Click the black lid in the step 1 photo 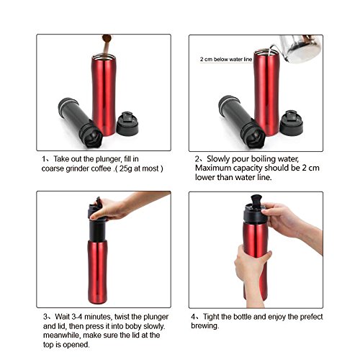127,124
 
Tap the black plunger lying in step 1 81,122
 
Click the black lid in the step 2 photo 292,123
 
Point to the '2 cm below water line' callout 226,59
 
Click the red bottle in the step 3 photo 97,271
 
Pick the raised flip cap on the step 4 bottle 256,199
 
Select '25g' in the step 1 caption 125,168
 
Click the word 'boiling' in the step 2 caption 263,159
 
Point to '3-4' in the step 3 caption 78,317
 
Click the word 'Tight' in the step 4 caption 211,317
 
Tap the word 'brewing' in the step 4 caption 205,326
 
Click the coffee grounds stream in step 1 106,45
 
